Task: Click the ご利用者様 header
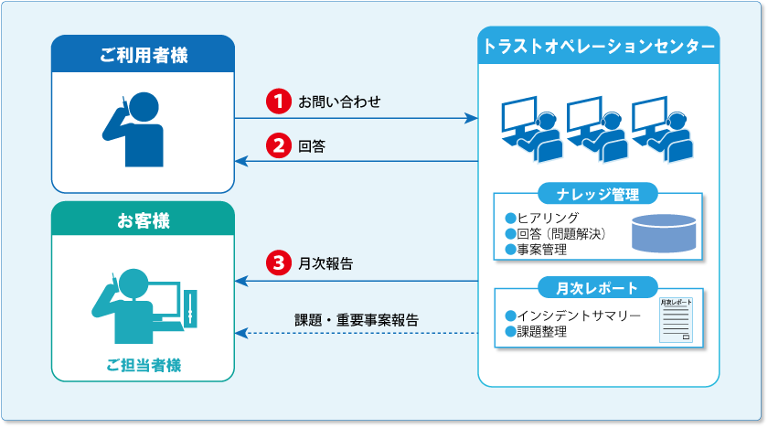click(x=143, y=56)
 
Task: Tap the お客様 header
click(x=143, y=220)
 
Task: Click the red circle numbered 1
click(x=276, y=102)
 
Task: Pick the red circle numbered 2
click(x=276, y=145)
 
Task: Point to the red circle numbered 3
click(x=276, y=263)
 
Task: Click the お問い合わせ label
click(x=339, y=102)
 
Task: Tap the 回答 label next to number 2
click(x=312, y=145)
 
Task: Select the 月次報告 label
click(x=325, y=263)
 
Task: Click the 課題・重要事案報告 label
click(x=357, y=319)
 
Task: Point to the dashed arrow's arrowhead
click(x=240, y=334)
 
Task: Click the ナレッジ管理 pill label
click(x=598, y=194)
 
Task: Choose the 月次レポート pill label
click(x=598, y=289)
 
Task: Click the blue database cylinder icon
click(x=663, y=234)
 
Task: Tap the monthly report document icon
click(x=675, y=319)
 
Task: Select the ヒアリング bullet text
click(x=548, y=218)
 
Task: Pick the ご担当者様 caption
click(x=143, y=364)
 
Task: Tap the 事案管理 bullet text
click(x=542, y=249)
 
